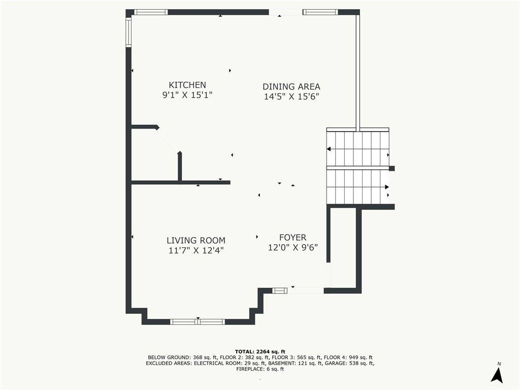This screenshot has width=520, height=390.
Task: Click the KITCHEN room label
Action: pyautogui.click(x=187, y=85)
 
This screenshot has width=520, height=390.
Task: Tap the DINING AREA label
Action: pyautogui.click(x=291, y=86)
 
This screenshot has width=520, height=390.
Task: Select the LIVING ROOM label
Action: pyautogui.click(x=196, y=240)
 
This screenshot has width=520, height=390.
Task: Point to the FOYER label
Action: pyautogui.click(x=293, y=237)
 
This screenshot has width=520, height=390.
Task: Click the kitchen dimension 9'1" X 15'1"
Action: pyautogui.click(x=187, y=95)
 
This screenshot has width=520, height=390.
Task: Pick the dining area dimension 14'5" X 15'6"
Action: pyautogui.click(x=291, y=96)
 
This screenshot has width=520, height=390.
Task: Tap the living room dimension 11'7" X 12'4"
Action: pyautogui.click(x=196, y=250)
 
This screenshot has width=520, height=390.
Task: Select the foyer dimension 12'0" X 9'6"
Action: pyautogui.click(x=293, y=247)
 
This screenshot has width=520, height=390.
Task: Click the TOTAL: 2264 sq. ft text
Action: pyautogui.click(x=260, y=351)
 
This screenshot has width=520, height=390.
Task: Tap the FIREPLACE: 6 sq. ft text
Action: pyautogui.click(x=260, y=369)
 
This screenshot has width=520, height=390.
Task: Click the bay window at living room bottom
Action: pyautogui.click(x=198, y=321)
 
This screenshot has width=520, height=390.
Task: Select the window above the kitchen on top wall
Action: pyautogui.click(x=151, y=12)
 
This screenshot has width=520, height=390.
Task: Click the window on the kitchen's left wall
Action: pyautogui.click(x=128, y=32)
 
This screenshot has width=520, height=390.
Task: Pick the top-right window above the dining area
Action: pyautogui.click(x=320, y=12)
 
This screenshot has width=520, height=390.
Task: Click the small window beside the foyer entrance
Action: pyautogui.click(x=280, y=290)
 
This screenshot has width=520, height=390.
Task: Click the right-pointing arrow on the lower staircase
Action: pyautogui.click(x=386, y=187)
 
